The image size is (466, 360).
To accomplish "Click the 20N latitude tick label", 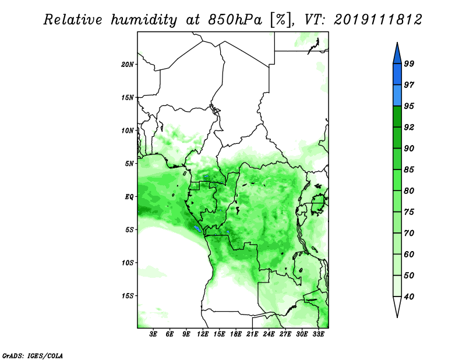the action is tap(128, 64).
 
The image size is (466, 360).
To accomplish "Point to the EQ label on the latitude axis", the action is tap(129, 197).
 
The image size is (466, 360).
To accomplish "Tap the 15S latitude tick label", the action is tap(128, 296).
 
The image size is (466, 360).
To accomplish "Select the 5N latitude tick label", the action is tap(129, 164).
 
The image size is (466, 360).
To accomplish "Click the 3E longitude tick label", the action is tap(153, 334).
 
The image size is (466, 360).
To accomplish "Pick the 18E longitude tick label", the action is tap(236, 334).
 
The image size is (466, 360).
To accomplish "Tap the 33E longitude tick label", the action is tap(318, 334).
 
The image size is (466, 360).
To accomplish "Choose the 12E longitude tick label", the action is tap(203, 334).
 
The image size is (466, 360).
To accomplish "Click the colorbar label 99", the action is tap(409, 63).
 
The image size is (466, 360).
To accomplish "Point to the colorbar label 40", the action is tap(409, 297).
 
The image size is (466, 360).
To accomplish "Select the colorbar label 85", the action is tap(409, 170).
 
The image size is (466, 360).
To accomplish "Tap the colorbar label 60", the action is tap(409, 254).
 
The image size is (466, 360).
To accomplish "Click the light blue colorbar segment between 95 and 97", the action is tap(397, 96).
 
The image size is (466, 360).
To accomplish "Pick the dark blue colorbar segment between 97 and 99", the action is tap(397, 75).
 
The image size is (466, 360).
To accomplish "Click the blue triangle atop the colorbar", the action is tap(397, 54).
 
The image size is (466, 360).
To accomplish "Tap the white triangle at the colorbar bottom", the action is tap(397, 306).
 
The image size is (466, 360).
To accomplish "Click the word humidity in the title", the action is tap(144, 20).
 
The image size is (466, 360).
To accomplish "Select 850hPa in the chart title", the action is tap(235, 20).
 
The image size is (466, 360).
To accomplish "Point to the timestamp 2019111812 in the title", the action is tap(377, 20).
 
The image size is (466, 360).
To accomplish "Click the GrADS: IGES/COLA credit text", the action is tap(33, 356).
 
